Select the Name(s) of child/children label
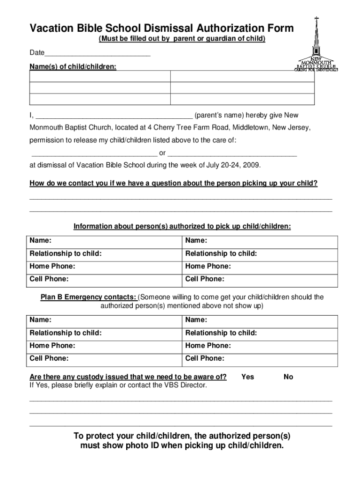click(73, 67)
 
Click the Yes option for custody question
click(247, 377)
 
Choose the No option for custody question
click(288, 377)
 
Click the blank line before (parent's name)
click(114, 115)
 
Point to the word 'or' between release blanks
click(162, 153)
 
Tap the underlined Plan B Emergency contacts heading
click(89, 297)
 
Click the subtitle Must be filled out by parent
click(182, 39)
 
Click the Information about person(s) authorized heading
click(182, 226)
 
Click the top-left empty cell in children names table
click(100, 76)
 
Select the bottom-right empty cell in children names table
click(242, 99)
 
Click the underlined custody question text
click(128, 377)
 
